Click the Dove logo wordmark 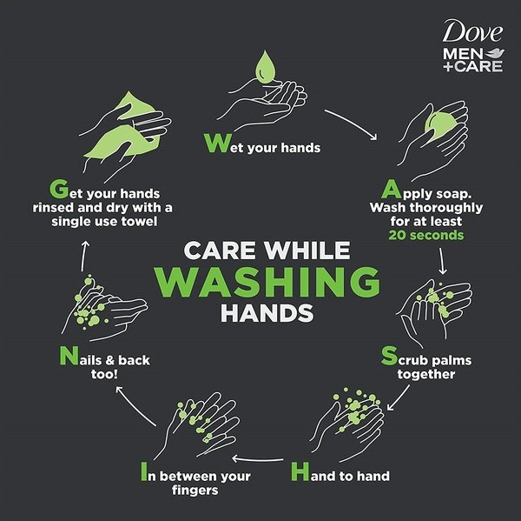[472, 31]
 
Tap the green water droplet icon [265, 67]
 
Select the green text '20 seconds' [426, 236]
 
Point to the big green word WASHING [268, 282]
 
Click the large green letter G [59, 189]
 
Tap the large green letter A [391, 189]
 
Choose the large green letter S [389, 355]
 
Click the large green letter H [300, 471]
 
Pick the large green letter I [144, 471]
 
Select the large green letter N [69, 356]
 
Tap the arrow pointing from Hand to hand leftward [258, 459]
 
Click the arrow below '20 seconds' [442, 261]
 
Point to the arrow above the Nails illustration [84, 256]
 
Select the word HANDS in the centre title [267, 313]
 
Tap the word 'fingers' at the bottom [195, 490]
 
